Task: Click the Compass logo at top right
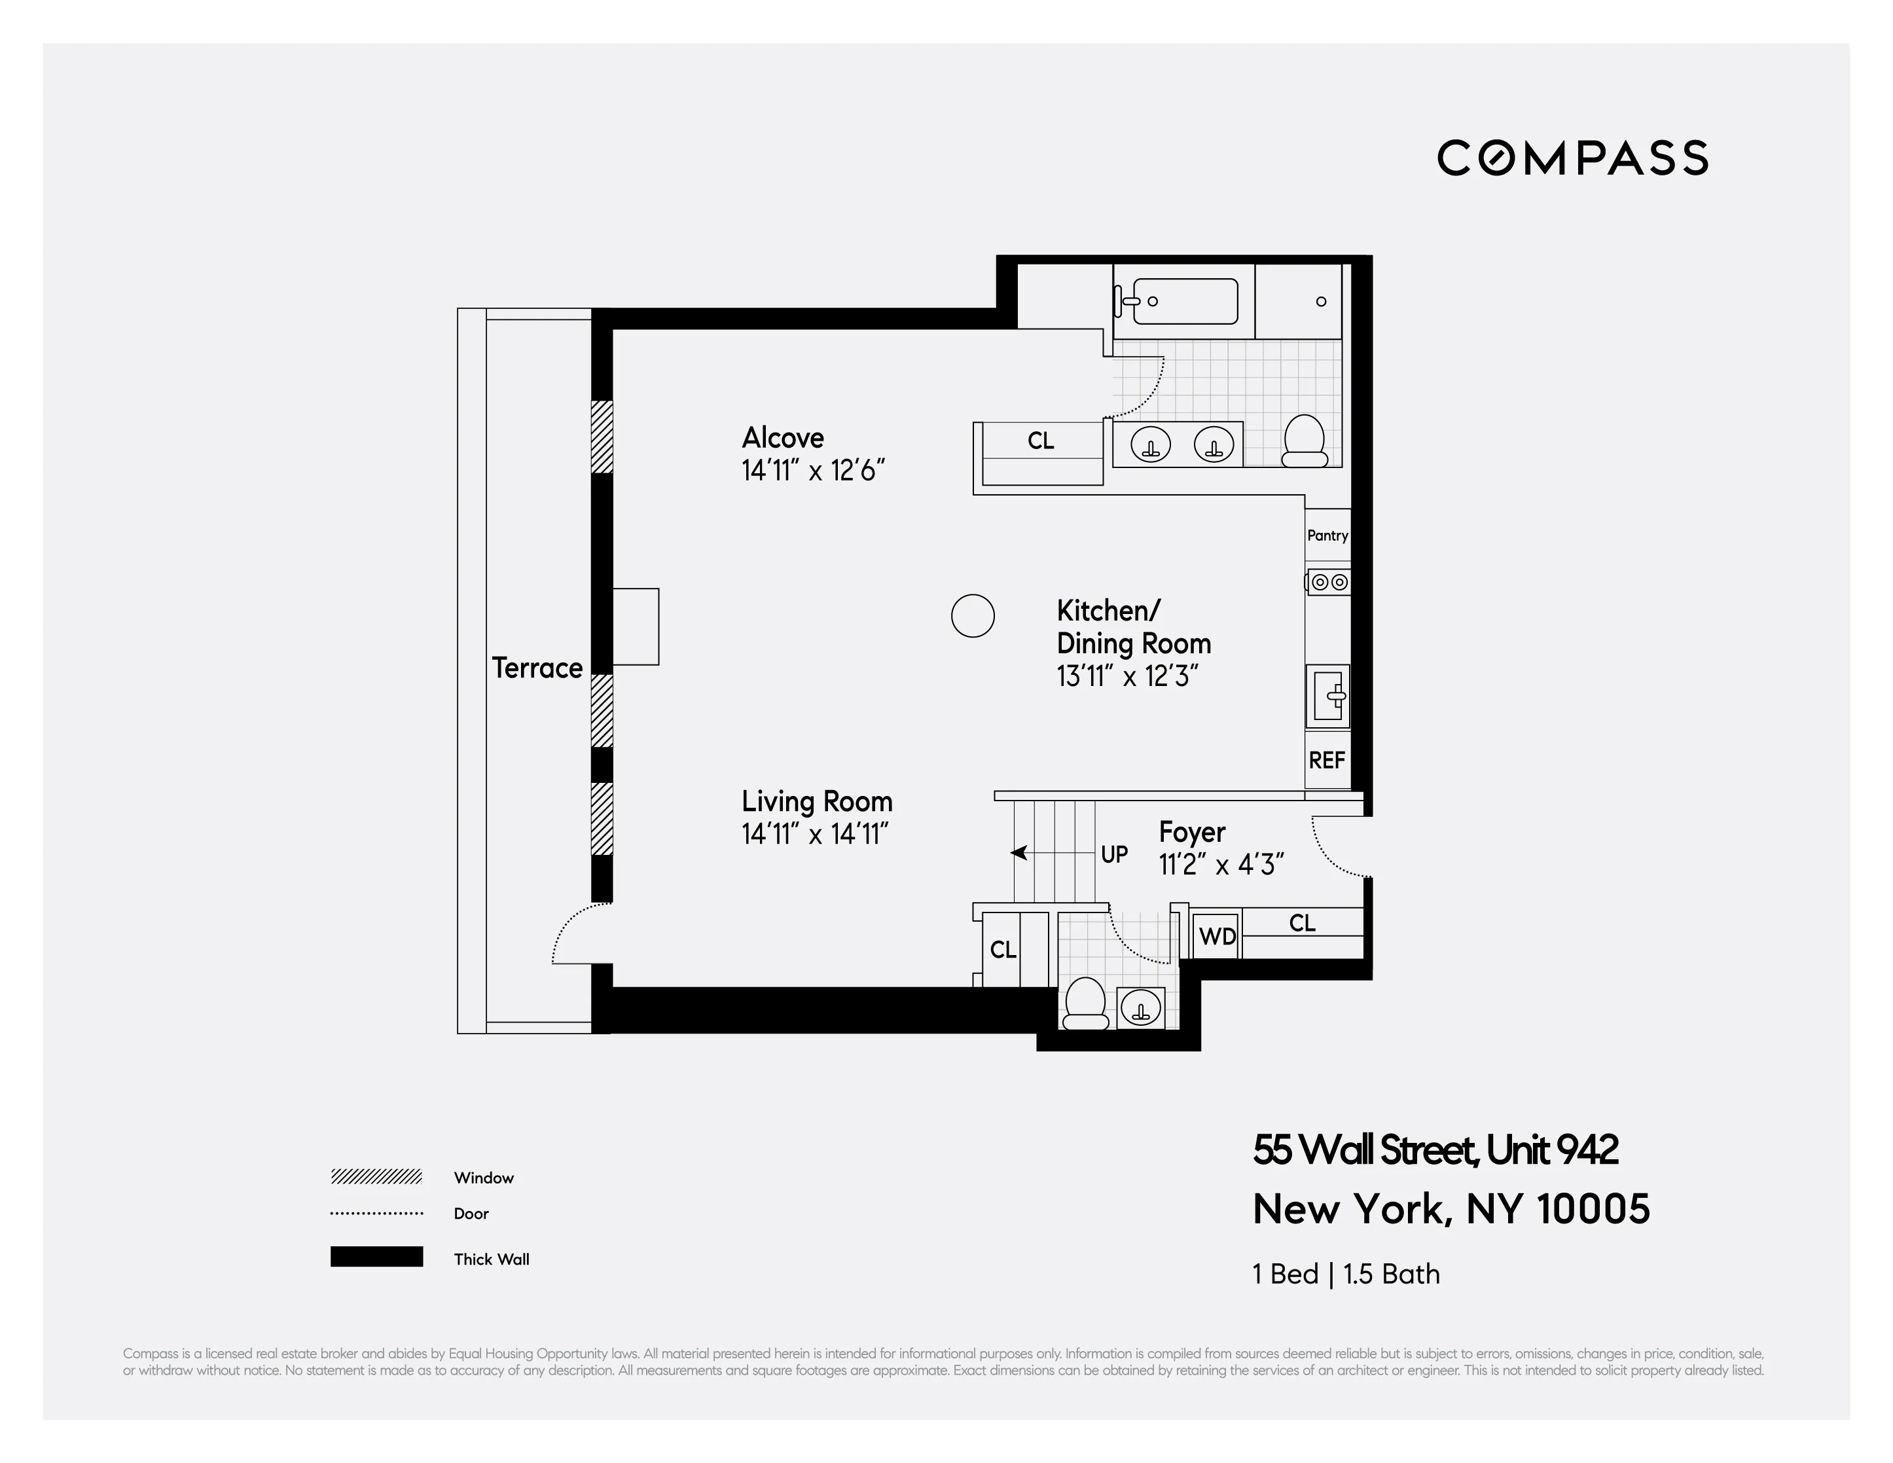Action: tap(1572, 158)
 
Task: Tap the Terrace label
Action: tap(537, 668)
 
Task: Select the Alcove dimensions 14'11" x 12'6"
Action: tap(812, 471)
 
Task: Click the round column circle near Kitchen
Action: tap(973, 616)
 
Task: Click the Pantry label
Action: tap(1327, 535)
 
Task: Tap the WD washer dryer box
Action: tap(1217, 937)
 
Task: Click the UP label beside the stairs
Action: tap(1114, 855)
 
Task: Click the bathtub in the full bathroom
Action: tap(1184, 302)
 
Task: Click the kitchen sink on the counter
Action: tap(1328, 695)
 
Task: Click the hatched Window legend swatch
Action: tap(376, 1177)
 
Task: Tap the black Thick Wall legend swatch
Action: tap(376, 1257)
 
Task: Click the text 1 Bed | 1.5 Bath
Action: tap(1345, 1274)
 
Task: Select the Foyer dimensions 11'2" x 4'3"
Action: tap(1220, 865)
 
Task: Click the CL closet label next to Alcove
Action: tap(1040, 441)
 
